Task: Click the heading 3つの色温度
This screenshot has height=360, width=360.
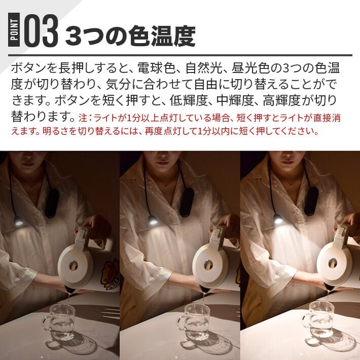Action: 131,35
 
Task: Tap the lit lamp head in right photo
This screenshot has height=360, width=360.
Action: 278,219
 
